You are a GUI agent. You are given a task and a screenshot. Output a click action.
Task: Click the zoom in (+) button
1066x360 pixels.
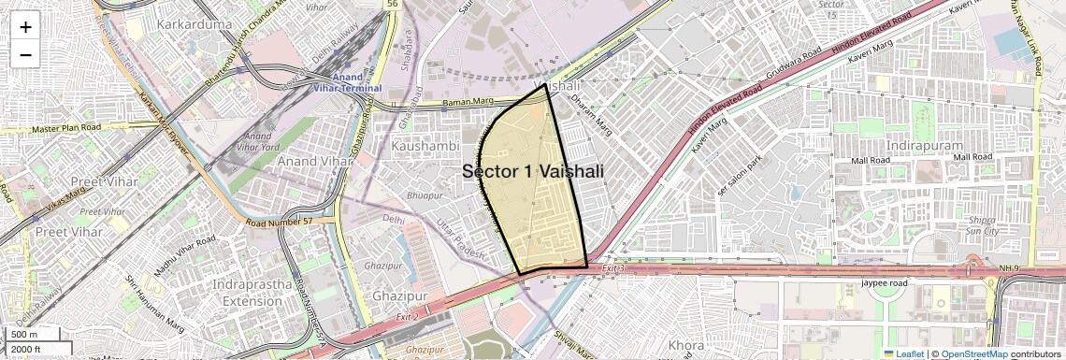[25, 26]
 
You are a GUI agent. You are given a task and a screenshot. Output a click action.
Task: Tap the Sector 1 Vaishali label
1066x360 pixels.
[533, 171]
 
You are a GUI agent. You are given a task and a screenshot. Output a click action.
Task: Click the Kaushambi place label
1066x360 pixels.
[425, 147]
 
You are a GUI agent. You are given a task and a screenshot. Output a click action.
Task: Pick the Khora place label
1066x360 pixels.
[686, 345]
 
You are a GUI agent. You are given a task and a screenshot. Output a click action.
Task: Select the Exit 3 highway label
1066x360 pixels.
[612, 268]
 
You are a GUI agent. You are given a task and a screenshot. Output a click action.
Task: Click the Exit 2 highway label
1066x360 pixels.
[408, 317]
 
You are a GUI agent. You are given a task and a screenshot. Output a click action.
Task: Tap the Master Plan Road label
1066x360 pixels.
[65, 128]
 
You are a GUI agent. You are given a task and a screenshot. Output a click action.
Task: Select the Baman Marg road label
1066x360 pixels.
[467, 102]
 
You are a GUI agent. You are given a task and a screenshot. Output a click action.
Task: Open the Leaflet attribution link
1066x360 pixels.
[902, 354]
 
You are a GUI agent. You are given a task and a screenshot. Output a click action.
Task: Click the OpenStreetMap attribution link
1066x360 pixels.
[974, 354]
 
